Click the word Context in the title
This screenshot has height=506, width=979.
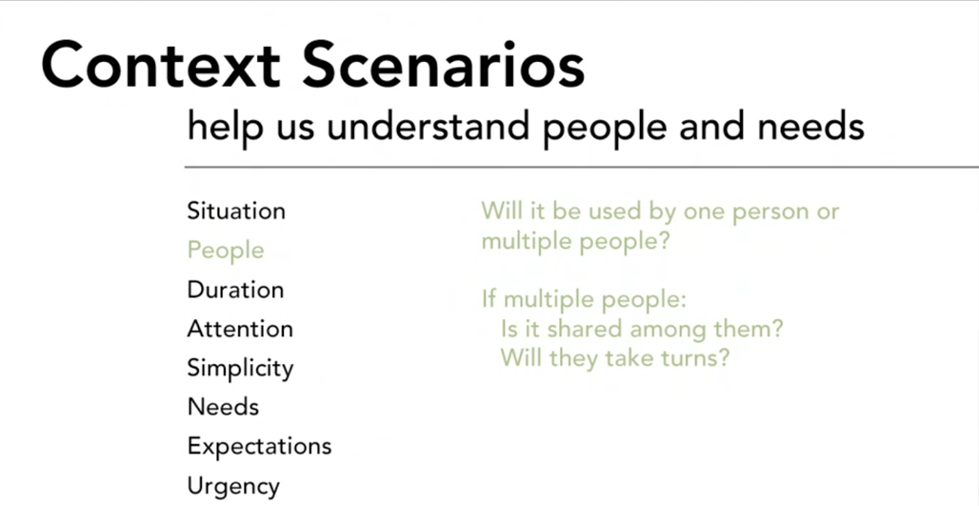pos(161,65)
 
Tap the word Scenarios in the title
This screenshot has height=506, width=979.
pos(443,65)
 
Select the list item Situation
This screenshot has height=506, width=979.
pos(236,212)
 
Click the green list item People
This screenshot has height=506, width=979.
pos(226,252)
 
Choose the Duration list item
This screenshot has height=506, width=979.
pos(235,290)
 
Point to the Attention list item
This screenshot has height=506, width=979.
pos(240,329)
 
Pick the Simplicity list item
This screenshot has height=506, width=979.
pos(240,369)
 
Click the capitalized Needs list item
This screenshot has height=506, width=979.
pos(223,407)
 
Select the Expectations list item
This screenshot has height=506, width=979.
pos(259,447)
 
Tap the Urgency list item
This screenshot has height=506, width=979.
pos(233,487)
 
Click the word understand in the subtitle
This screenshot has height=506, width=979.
pos(428,127)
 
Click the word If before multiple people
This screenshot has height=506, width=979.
pos(489,300)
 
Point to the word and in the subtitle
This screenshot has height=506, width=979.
pos(715,127)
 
